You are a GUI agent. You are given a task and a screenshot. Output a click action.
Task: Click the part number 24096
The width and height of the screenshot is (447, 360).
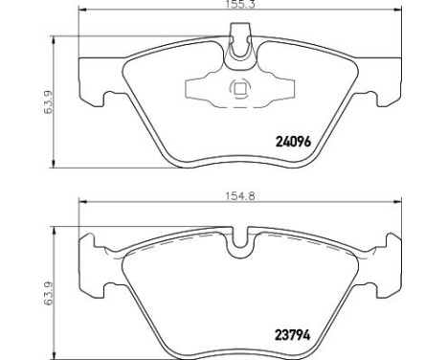pos(293,142)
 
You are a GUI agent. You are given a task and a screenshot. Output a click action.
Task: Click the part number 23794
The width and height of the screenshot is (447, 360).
pos(292,335)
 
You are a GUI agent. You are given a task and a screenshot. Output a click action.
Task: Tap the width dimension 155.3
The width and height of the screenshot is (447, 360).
pos(240,5)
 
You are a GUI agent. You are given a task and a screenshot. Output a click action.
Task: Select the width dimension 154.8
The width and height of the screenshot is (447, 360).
pos(240,196)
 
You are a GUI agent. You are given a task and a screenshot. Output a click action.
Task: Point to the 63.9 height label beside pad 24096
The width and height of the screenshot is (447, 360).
pos(48,101)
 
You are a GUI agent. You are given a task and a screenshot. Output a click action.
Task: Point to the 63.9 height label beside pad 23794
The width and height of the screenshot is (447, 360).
pos(48,294)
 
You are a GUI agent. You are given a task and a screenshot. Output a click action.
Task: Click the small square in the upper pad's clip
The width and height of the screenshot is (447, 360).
pos(240,88)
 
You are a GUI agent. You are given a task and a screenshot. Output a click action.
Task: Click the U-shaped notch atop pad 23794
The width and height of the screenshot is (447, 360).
pos(240,238)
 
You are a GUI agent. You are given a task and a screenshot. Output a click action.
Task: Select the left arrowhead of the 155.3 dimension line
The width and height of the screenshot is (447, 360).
pos(82,11)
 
